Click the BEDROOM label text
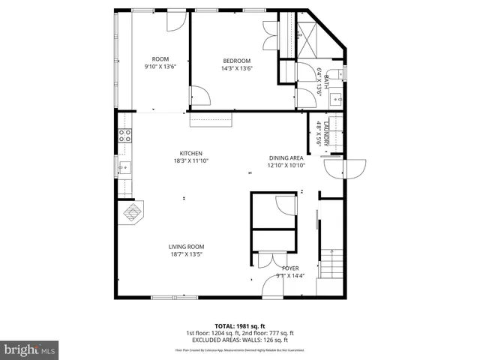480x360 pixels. [x=236, y=61]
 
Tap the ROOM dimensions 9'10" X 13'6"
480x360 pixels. [x=160, y=67]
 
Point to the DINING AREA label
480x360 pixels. [x=286, y=157]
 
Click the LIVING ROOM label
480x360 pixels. [x=186, y=247]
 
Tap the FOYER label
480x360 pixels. [x=290, y=268]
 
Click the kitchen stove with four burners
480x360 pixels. [x=125, y=136]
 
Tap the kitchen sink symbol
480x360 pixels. [x=124, y=168]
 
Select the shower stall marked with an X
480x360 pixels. [x=307, y=35]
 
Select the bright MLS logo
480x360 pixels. [x=30, y=349]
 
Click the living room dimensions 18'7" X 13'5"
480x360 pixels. [x=186, y=254]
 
